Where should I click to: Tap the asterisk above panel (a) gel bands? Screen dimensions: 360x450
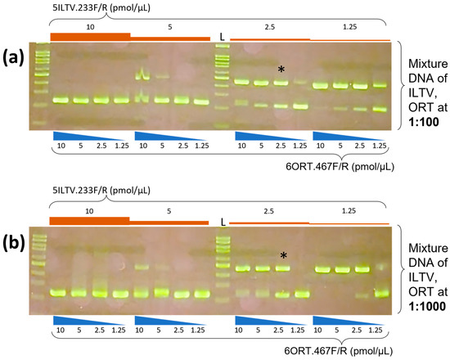281,71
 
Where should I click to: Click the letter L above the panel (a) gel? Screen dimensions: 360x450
222,36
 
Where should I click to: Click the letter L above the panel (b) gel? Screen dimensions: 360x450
222,220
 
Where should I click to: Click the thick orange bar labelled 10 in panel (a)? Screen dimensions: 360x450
89,36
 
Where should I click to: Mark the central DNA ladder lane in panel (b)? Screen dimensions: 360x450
223,262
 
